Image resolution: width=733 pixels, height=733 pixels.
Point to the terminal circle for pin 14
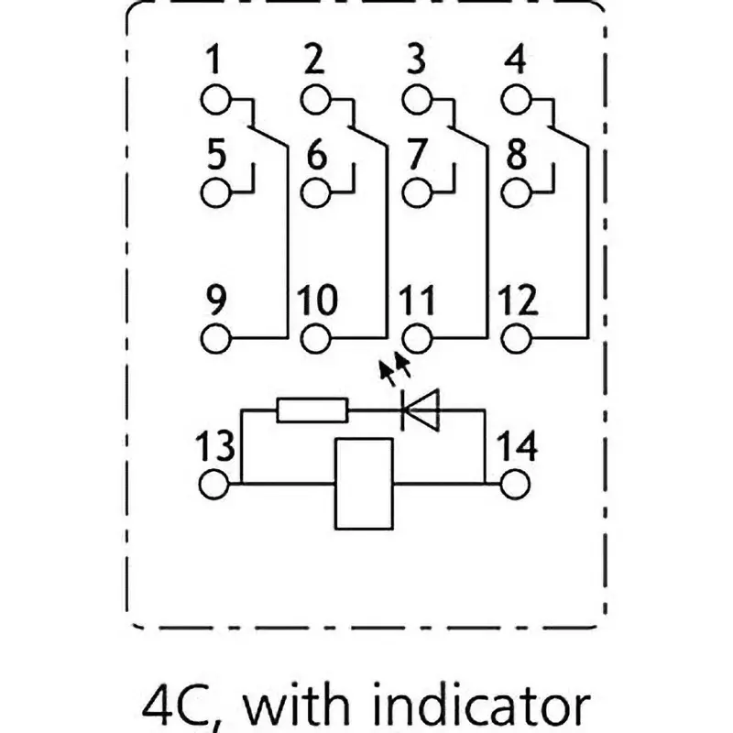(516, 482)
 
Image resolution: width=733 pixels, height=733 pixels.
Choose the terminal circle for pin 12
(516, 337)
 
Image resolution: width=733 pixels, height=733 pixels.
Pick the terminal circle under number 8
(516, 192)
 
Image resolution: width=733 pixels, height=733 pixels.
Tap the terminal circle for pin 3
(417, 99)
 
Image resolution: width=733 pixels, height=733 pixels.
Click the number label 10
(316, 301)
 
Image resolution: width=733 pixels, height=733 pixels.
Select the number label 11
(417, 301)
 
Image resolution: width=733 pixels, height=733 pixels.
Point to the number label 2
(314, 62)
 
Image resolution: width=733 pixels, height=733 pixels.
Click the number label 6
(316, 155)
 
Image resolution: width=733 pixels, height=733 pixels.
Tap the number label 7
(417, 155)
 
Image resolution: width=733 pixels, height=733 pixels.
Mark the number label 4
(516, 62)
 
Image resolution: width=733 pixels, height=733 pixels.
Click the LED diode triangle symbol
(422, 410)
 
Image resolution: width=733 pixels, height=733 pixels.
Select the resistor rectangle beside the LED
(312, 410)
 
